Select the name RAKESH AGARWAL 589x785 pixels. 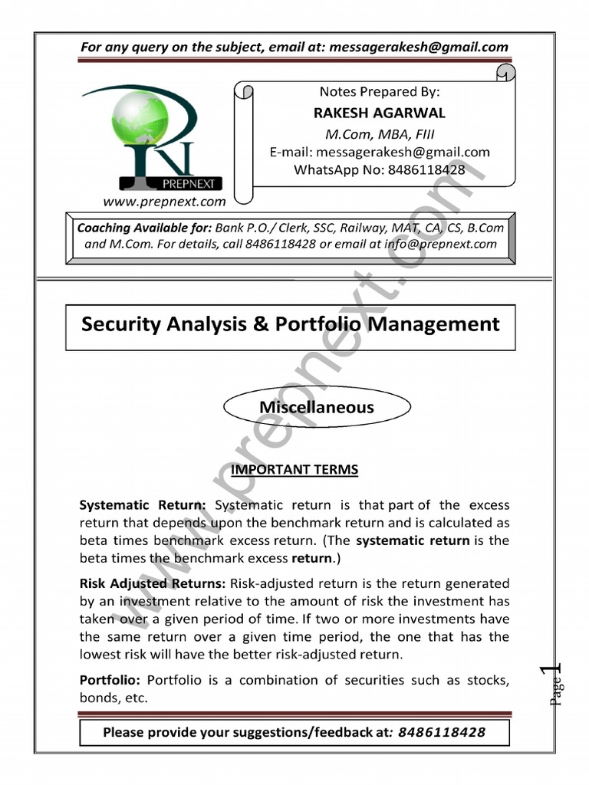(379, 113)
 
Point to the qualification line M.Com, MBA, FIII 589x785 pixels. (380, 133)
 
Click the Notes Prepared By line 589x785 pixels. (379, 91)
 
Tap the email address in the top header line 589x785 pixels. (418, 47)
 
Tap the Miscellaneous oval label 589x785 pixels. (316, 407)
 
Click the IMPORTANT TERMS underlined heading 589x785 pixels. (294, 469)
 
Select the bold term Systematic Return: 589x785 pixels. (143, 505)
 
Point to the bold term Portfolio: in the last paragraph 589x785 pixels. (110, 680)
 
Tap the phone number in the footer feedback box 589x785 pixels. (442, 732)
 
